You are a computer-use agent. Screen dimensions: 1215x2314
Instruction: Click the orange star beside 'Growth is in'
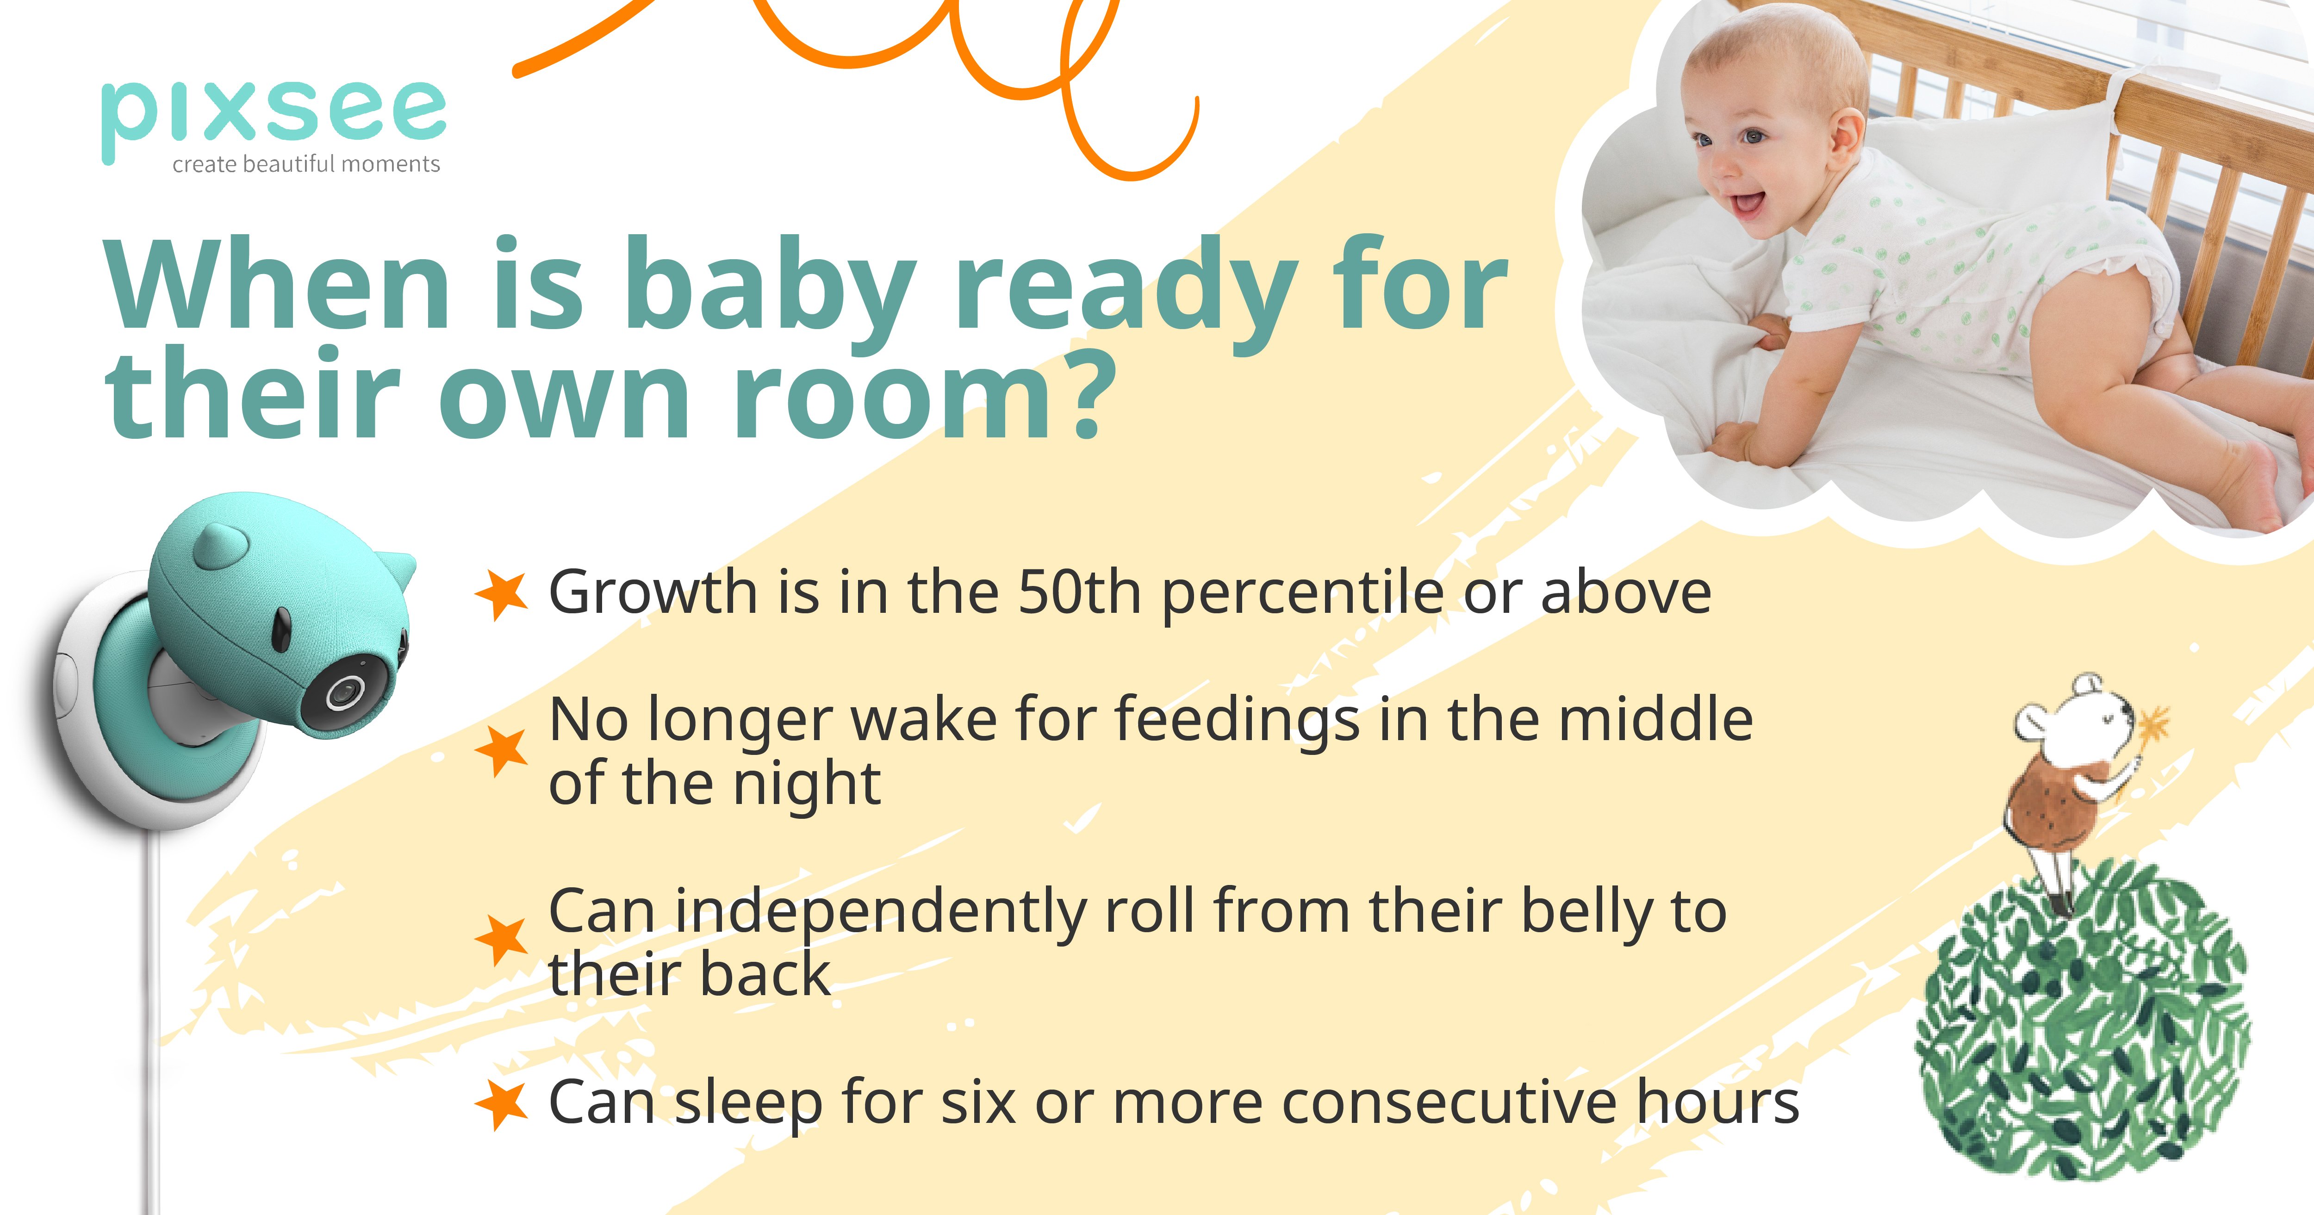point(500,593)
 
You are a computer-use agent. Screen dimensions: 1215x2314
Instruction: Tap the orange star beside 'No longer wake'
point(500,750)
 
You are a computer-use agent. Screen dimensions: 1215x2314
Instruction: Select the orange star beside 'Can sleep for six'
point(500,1103)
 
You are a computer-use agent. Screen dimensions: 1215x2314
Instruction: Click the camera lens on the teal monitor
point(342,693)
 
